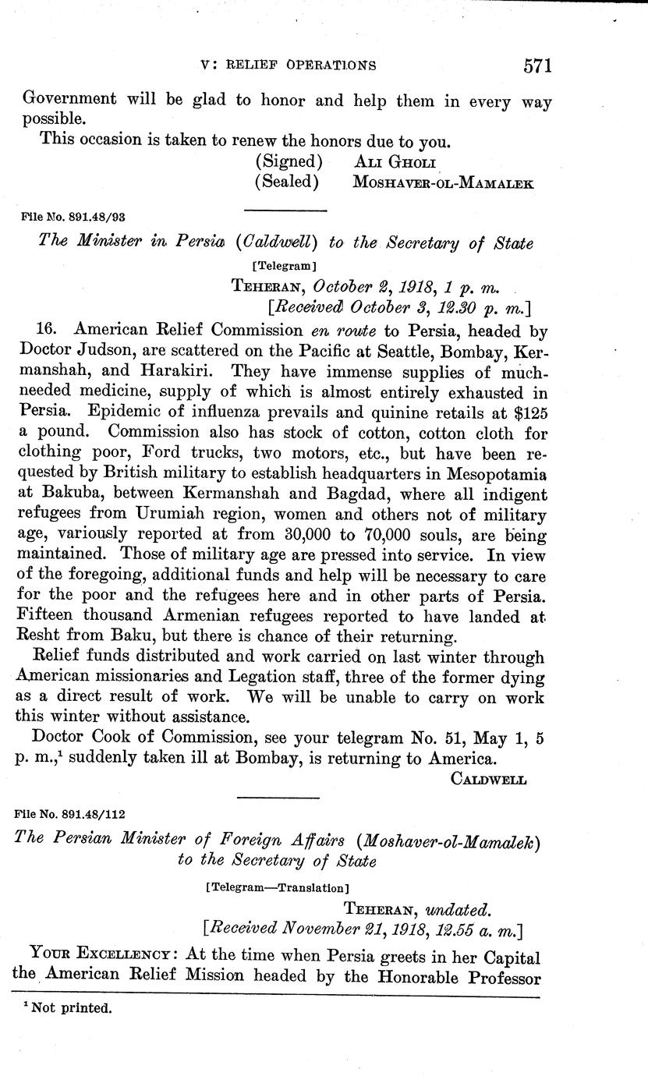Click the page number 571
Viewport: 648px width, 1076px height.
[537, 65]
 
